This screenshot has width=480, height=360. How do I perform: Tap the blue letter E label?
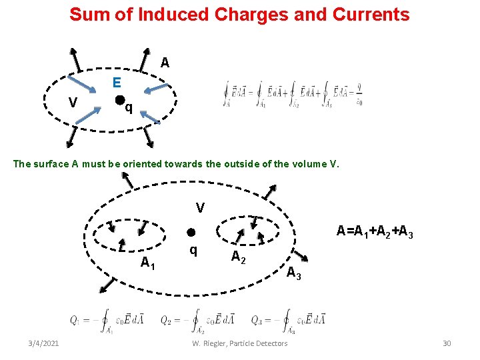[x=117, y=83]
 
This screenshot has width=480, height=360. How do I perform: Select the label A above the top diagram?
[x=165, y=63]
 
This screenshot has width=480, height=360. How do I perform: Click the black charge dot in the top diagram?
[x=119, y=101]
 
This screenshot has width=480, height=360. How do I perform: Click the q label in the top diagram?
[x=129, y=107]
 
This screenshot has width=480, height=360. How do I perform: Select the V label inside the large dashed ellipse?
[x=200, y=208]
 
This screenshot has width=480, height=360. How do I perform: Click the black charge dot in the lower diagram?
[x=190, y=233]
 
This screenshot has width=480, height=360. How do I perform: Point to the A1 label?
[x=149, y=263]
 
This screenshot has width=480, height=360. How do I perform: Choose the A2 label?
[x=239, y=257]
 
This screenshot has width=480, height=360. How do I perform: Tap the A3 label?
[x=294, y=272]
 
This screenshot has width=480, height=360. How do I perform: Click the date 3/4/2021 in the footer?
[x=43, y=343]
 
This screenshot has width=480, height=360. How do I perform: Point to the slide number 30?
[x=447, y=343]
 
